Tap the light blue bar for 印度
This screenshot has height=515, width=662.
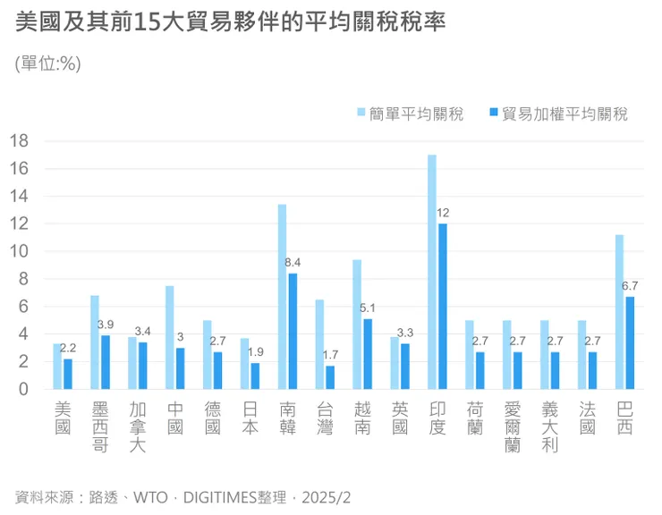pyautogui.click(x=432, y=272)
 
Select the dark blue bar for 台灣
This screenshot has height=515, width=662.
pyautogui.click(x=329, y=377)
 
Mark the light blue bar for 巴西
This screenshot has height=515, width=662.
pyautogui.click(x=619, y=312)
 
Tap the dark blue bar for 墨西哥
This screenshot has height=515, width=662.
pyautogui.click(x=105, y=362)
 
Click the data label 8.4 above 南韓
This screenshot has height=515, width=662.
pyautogui.click(x=293, y=262)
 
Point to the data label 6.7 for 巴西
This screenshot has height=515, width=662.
pyautogui.click(x=630, y=285)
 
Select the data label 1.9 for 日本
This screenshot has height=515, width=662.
pyautogui.click(x=255, y=352)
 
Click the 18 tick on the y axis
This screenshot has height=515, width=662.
pyautogui.click(x=20, y=141)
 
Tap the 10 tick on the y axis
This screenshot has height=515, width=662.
pyautogui.click(x=20, y=251)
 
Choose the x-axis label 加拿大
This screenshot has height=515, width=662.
pyautogui.click(x=137, y=427)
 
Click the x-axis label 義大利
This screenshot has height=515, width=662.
pyautogui.click(x=550, y=427)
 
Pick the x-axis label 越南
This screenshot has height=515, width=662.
pyautogui.click(x=362, y=418)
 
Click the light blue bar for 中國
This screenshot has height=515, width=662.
pyautogui.click(x=170, y=337)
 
